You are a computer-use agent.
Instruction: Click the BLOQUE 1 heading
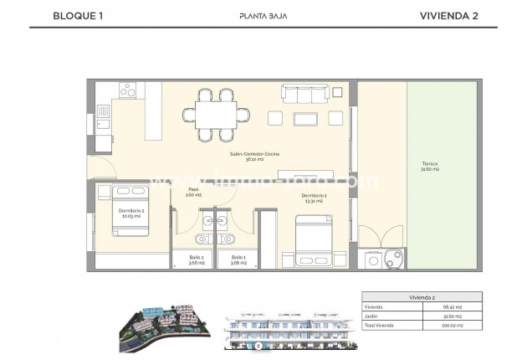74,15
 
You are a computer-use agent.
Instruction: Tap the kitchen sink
102,111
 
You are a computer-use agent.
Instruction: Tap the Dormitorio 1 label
314,198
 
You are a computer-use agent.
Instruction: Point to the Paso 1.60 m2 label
193,193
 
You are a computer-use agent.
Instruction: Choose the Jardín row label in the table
373,316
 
